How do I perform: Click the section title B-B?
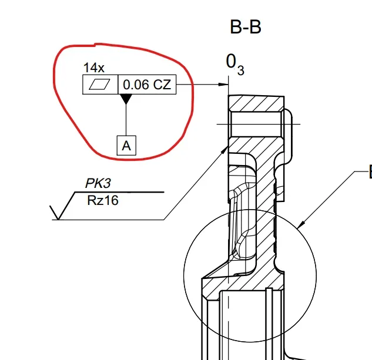tap(246, 27)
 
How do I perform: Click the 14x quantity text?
tap(93, 68)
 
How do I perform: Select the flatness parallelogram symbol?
tap(99, 85)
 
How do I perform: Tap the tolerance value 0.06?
tap(136, 85)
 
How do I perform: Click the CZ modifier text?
tap(162, 85)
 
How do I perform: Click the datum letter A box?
tap(126, 146)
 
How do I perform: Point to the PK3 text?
tap(98, 183)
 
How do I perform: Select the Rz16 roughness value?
tap(103, 200)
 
